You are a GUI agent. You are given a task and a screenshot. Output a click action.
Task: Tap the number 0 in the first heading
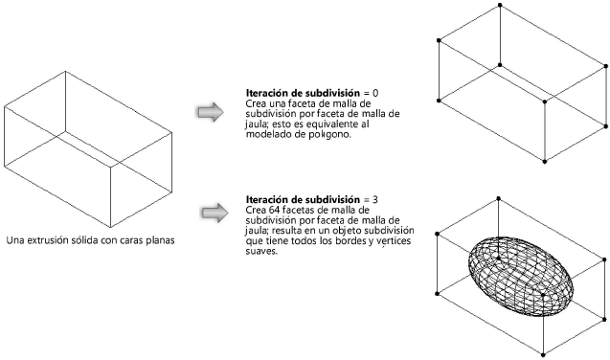pos(374,93)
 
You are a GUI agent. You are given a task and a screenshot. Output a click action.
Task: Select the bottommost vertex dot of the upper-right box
pos(545,161)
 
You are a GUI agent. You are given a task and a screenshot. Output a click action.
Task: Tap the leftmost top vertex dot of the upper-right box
pos(439,39)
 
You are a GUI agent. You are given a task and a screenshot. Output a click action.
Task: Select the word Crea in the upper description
pos(257,103)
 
